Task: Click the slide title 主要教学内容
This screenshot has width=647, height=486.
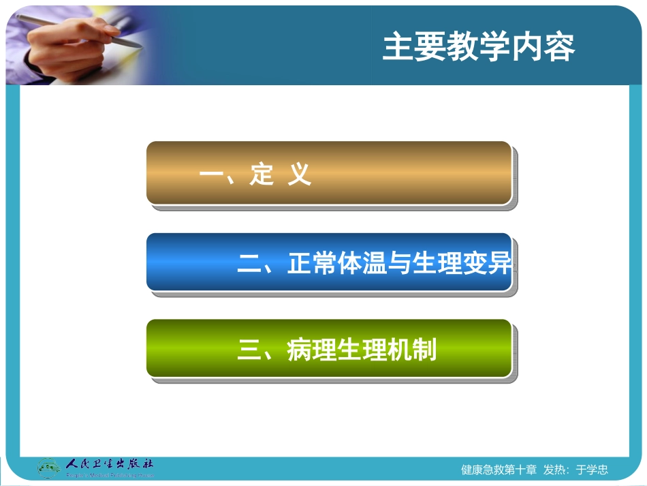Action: click(478, 48)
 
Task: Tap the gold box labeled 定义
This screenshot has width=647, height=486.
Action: click(328, 172)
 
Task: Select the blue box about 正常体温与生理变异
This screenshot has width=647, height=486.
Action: click(328, 262)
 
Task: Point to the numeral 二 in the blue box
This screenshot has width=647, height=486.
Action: click(250, 264)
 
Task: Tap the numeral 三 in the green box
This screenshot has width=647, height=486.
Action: click(250, 351)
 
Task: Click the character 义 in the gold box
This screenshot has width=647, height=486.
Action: click(299, 175)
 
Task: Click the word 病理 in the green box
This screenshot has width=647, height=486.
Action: click(311, 350)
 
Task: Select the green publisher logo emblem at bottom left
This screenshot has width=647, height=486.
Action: click(48, 468)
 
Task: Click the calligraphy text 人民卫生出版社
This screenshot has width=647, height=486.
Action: click(109, 464)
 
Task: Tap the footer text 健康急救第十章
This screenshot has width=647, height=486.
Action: click(499, 470)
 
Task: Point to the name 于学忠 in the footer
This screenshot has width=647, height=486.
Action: click(591, 470)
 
